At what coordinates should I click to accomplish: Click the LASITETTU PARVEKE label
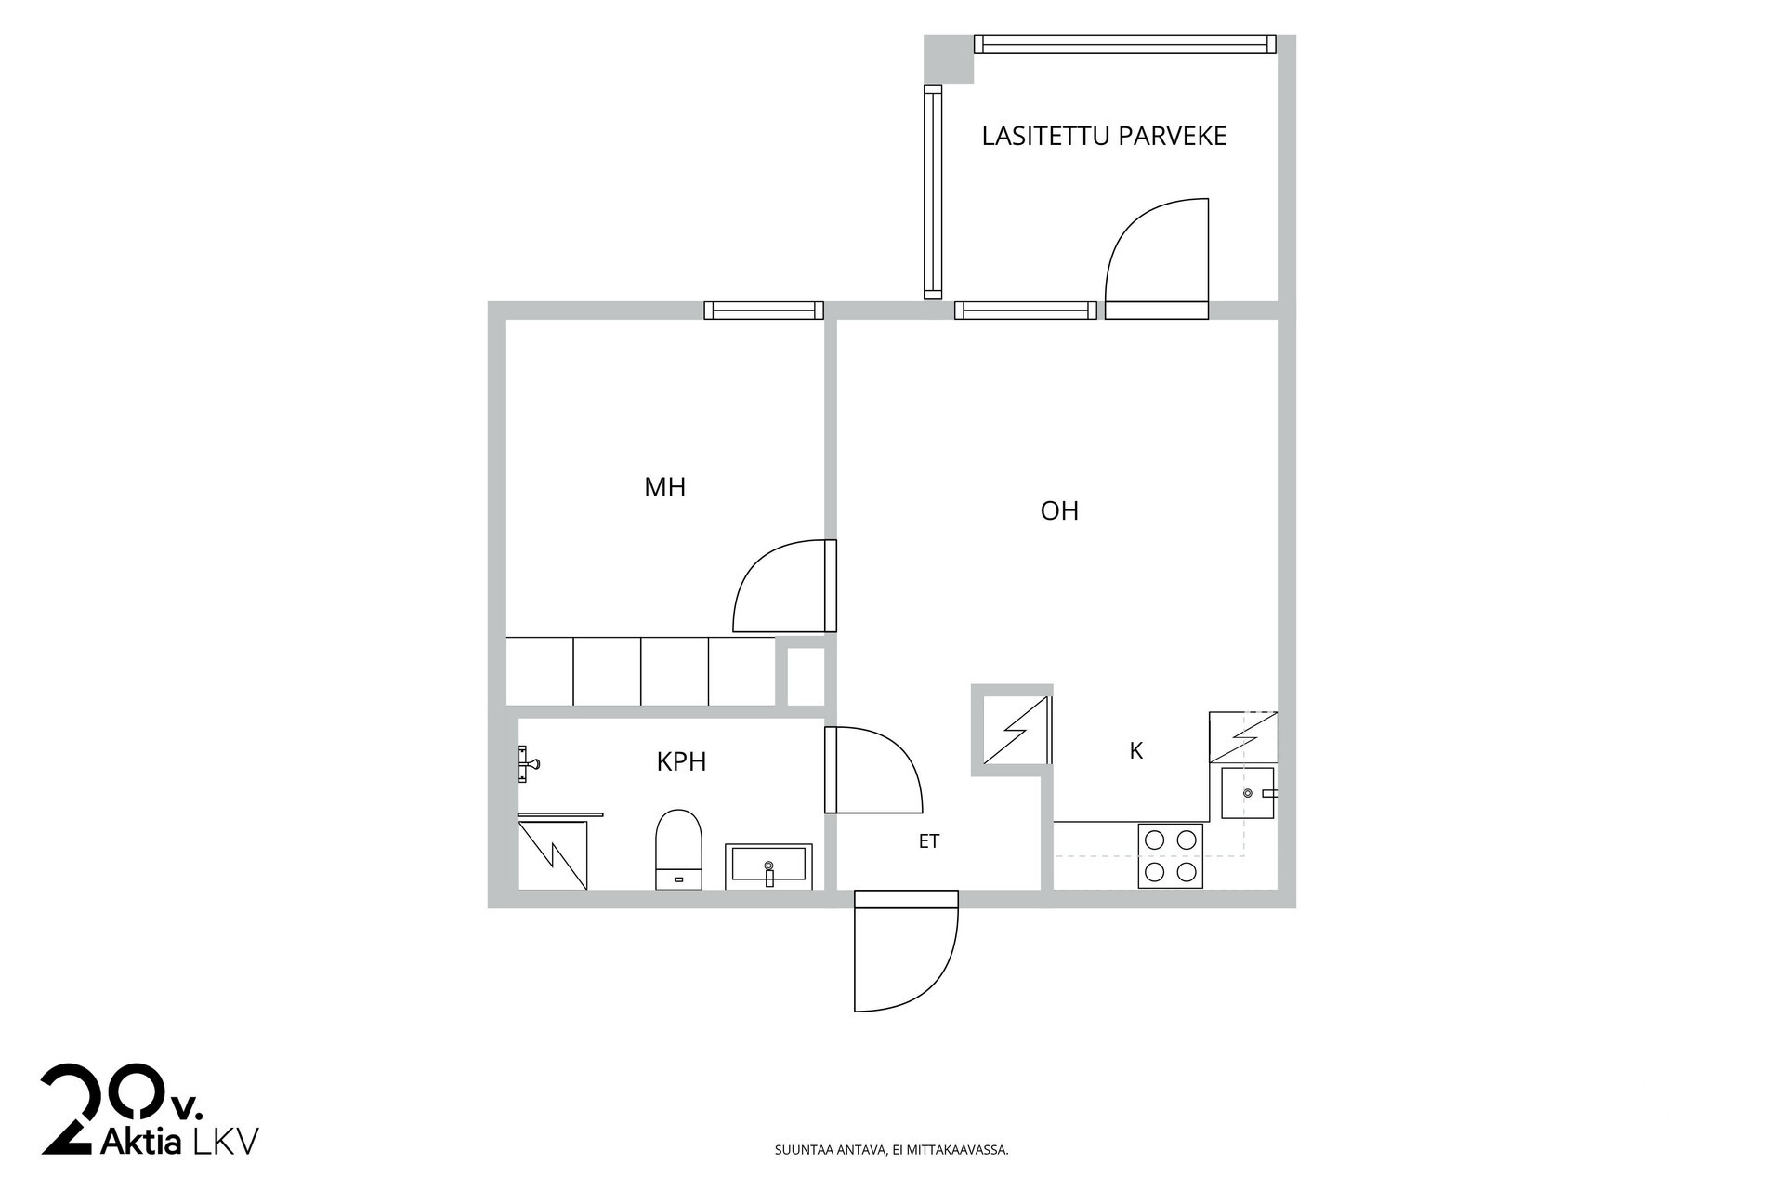click(x=1104, y=136)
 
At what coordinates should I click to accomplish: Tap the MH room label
click(x=665, y=487)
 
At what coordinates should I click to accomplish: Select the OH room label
click(x=1059, y=510)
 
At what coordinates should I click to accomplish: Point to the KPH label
click(x=681, y=762)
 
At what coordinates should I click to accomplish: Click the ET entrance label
click(x=929, y=841)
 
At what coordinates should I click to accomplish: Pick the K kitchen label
click(x=1135, y=751)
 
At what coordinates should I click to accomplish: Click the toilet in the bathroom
click(x=679, y=849)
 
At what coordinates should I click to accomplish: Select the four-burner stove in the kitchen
click(x=1171, y=855)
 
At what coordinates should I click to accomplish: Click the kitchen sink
click(x=1248, y=793)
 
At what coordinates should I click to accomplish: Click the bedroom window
click(x=764, y=311)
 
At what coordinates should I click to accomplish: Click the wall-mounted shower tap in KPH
click(x=528, y=763)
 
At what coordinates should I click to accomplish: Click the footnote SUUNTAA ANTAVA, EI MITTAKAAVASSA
click(x=892, y=1150)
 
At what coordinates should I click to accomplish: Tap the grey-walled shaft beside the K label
click(x=1012, y=730)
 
